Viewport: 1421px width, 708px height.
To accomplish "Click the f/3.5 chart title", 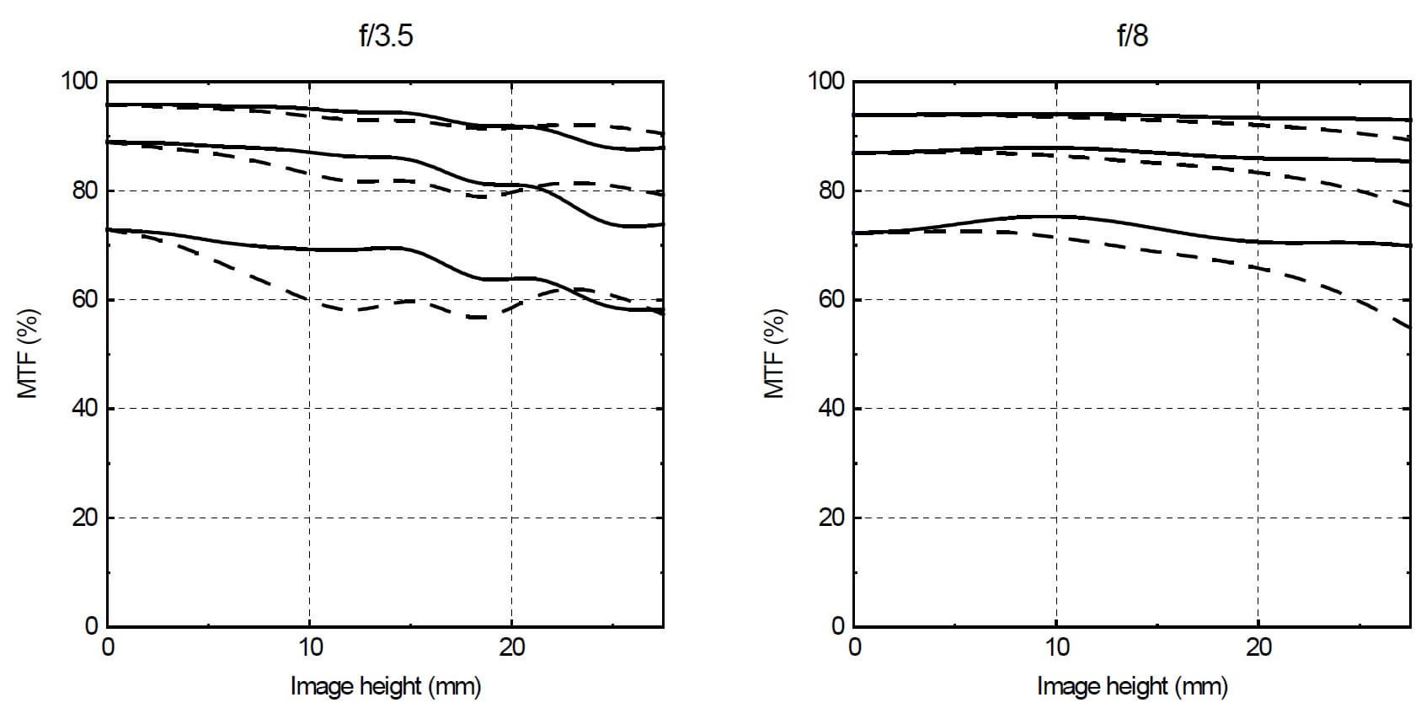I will point(386,37).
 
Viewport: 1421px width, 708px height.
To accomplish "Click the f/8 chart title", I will point(1132,37).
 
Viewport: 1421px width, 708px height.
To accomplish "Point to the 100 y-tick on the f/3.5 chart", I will point(80,82).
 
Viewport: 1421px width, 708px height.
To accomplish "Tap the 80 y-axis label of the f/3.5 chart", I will point(85,190).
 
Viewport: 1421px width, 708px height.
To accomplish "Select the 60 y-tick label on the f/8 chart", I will point(831,300).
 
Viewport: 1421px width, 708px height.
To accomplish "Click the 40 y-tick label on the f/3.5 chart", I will point(85,409).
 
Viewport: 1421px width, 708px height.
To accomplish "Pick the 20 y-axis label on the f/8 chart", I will point(831,518).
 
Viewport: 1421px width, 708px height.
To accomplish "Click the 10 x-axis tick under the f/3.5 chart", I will point(310,647).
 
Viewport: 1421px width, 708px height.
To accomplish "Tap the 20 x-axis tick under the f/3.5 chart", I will point(511,647).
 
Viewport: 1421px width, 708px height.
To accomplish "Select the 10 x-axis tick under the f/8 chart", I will point(1056,647).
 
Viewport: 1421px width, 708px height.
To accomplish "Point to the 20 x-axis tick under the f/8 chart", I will point(1258,647).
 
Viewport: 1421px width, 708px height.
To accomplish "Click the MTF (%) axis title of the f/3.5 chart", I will point(28,354).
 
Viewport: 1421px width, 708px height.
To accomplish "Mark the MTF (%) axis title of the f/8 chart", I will point(774,354).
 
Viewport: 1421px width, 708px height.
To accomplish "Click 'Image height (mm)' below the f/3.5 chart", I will point(386,686).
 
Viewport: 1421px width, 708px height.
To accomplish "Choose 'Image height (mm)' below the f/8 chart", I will point(1132,686).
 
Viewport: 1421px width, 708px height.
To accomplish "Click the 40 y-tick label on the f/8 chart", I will point(831,409).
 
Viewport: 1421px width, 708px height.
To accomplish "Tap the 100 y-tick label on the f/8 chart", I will point(826,82).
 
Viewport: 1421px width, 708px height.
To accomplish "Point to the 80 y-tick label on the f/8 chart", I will point(831,190).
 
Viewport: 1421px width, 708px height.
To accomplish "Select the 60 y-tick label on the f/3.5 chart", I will point(85,300).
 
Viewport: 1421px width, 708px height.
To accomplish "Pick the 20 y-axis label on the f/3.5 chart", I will point(85,518).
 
